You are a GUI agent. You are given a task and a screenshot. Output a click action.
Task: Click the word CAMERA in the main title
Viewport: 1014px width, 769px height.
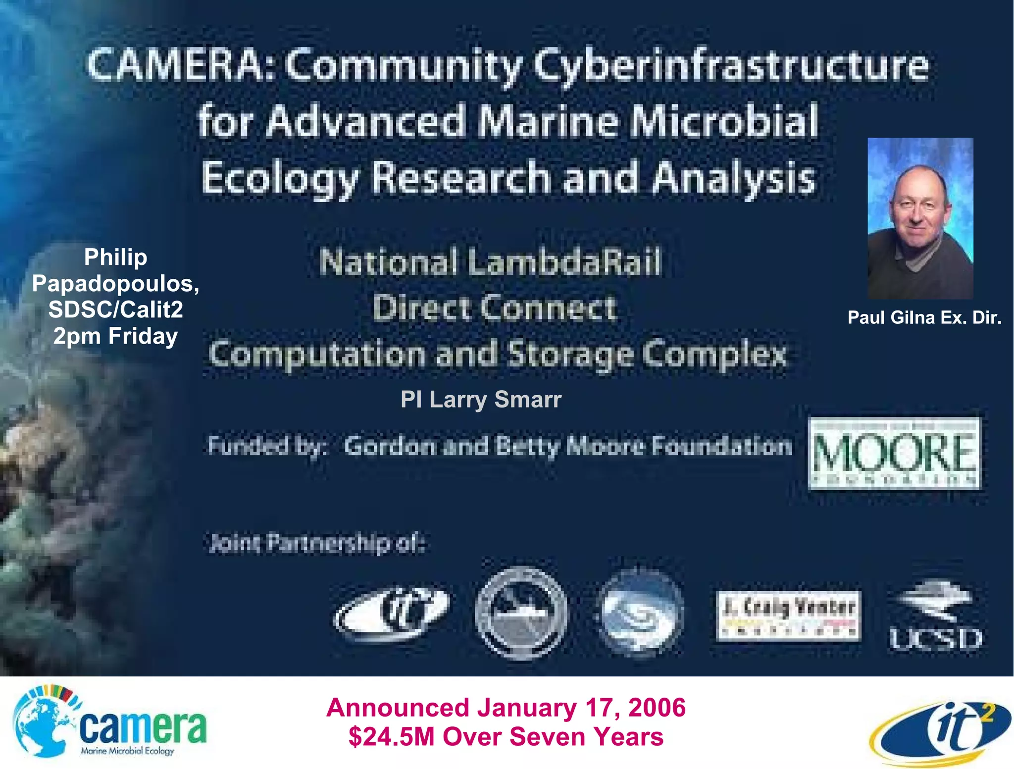pos(176,65)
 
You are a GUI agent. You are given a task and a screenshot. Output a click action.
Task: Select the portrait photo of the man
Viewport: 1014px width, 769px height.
pos(920,218)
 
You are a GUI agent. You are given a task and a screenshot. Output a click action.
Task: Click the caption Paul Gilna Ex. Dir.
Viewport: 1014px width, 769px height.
pos(924,317)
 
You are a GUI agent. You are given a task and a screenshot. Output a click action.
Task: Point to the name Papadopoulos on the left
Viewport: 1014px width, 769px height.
pos(115,284)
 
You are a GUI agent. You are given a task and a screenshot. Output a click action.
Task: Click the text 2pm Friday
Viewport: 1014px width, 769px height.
pos(115,336)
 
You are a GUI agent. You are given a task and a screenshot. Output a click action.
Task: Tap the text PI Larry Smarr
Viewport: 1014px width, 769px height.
pos(481,400)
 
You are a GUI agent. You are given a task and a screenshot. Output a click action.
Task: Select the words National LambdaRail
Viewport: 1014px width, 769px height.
pos(490,261)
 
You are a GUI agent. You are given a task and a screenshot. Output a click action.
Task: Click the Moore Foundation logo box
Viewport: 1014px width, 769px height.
pos(894,453)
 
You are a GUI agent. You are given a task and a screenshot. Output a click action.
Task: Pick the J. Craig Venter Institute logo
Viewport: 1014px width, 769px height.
pos(788,615)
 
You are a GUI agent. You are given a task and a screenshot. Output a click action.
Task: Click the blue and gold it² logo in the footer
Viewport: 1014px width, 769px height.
pos(939,732)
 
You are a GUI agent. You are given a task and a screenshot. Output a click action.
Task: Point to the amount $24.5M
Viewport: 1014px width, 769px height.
pos(391,737)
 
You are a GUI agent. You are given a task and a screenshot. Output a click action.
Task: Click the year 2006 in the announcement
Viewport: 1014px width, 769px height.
pos(657,708)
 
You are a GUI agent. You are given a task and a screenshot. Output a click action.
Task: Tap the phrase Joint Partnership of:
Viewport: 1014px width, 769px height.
pos(317,543)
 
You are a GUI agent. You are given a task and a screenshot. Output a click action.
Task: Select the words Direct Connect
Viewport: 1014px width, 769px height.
pos(494,308)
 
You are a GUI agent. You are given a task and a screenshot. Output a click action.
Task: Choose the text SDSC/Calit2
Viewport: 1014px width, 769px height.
pos(115,310)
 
